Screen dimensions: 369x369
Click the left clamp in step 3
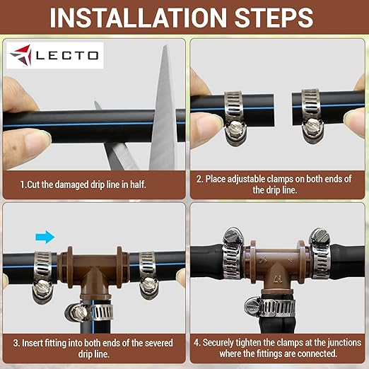(42, 271)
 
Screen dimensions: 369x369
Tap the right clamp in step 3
(148, 271)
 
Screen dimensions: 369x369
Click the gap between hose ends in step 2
(276, 106)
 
